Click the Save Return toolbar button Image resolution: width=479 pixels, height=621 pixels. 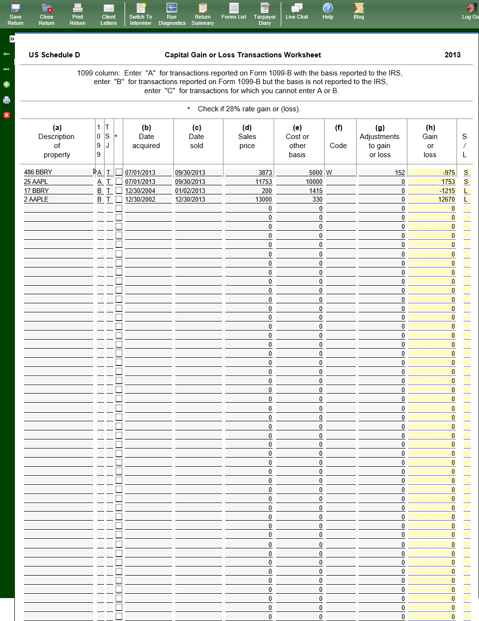(x=15, y=14)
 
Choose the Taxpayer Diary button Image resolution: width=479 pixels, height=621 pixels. (x=265, y=14)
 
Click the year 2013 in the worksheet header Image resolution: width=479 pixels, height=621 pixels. (x=452, y=55)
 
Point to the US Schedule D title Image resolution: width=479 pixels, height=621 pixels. (x=54, y=55)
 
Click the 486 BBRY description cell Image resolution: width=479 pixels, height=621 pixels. (x=57, y=172)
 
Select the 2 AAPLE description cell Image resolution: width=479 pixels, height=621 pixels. (x=57, y=200)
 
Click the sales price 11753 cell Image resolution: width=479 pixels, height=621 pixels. (x=249, y=182)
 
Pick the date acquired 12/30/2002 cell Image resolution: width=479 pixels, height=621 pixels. (x=148, y=200)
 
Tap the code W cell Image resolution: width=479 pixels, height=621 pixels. (x=340, y=172)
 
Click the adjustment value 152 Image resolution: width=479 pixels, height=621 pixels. (x=382, y=172)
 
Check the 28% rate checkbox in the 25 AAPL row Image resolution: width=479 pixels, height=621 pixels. (x=119, y=182)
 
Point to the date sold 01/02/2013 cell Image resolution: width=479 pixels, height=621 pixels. (x=198, y=191)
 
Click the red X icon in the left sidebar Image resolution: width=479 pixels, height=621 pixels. (x=7, y=115)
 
